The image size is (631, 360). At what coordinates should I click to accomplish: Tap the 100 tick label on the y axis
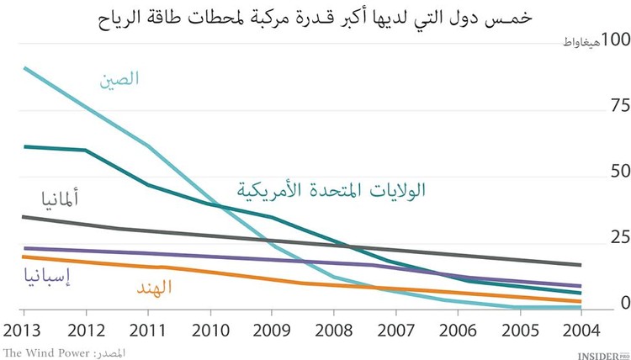pyautogui.click(x=612, y=40)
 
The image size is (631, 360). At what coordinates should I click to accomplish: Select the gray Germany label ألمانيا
pyautogui.click(x=61, y=199)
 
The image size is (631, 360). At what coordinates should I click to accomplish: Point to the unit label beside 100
pyautogui.click(x=572, y=42)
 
